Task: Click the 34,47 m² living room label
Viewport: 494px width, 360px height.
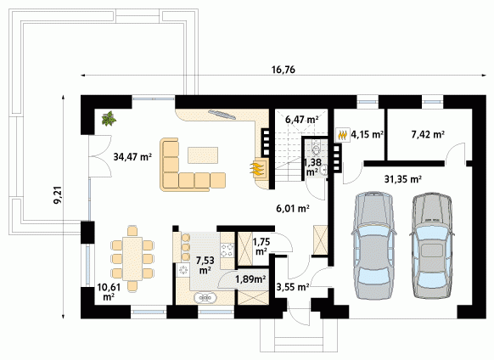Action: [x=132, y=156]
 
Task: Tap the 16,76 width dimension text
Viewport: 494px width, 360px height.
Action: [x=283, y=70]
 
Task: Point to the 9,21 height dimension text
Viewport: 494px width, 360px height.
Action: [x=58, y=196]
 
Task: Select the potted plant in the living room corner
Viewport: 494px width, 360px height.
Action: [x=109, y=119]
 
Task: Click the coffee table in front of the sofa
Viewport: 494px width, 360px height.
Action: [x=203, y=155]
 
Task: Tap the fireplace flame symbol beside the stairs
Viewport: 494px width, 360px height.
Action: [x=258, y=168]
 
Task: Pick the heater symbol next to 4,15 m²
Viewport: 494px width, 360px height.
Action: [x=343, y=135]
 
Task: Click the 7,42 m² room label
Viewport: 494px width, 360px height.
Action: [x=428, y=135]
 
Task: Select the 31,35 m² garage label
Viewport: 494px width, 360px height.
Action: [x=403, y=179]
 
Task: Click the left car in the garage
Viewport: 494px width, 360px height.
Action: [x=374, y=245]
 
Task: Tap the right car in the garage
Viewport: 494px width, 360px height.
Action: [x=432, y=245]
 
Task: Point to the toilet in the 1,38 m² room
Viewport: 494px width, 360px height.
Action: [x=316, y=148]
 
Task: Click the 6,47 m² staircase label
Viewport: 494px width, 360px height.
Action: [x=301, y=120]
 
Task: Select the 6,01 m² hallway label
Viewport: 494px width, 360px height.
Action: [x=293, y=208]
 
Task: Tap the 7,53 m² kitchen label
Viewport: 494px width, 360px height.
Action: [x=205, y=265]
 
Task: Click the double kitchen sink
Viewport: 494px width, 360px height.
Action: [x=205, y=297]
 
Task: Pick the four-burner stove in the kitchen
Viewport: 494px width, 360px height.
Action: [x=227, y=250]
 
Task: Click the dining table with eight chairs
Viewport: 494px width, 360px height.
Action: [x=132, y=258]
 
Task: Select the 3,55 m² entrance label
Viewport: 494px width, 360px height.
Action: [x=293, y=287]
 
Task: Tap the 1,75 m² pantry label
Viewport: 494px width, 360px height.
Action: [x=261, y=246]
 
